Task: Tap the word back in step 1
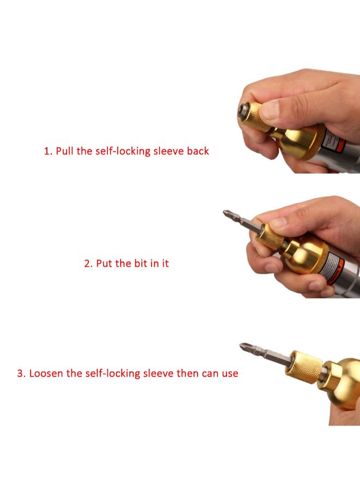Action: point(196,151)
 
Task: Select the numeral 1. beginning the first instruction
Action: point(48,151)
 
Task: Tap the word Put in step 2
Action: point(105,264)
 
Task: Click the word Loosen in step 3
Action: point(46,374)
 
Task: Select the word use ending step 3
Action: point(229,374)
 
